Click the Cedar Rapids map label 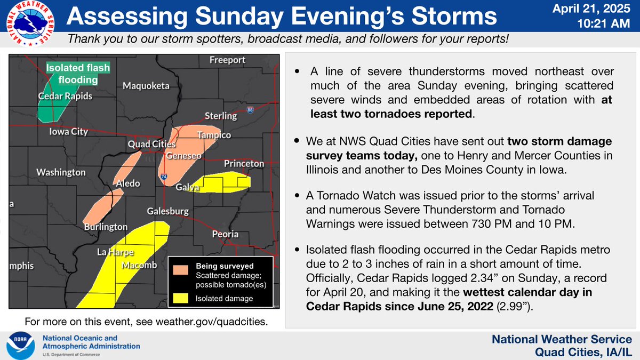pos(65,97)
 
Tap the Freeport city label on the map pos(227,59)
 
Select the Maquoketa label pos(146,86)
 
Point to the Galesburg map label pos(169,211)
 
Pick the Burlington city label pos(106,227)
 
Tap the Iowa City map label pos(68,132)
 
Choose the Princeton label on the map pos(244,163)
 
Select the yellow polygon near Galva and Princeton pos(224,182)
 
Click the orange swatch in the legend pos(181,270)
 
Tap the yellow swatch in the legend pos(181,298)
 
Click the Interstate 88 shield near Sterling pos(251,110)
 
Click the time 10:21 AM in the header pos(607,24)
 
